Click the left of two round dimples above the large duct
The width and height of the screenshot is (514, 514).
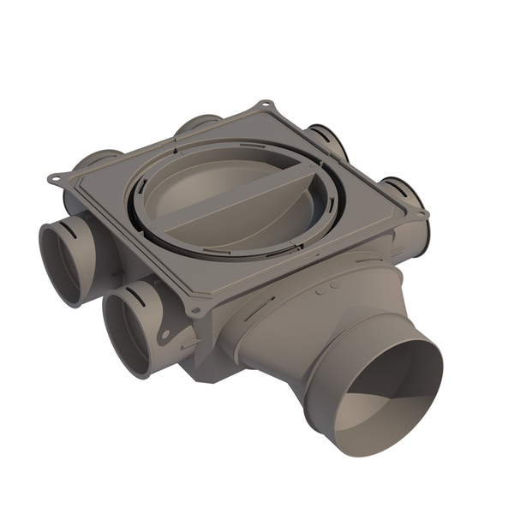[x=320, y=292]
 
